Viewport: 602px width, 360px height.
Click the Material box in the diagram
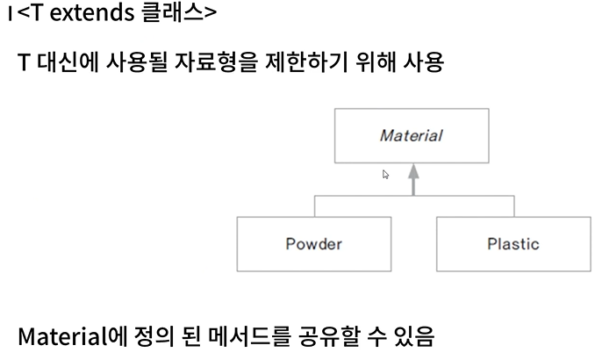point(412,136)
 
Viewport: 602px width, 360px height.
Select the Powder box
point(313,243)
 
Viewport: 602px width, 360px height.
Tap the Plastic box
point(513,243)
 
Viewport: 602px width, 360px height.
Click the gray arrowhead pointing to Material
point(413,172)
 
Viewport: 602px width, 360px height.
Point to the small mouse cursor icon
point(385,175)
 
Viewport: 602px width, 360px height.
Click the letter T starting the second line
point(24,64)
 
